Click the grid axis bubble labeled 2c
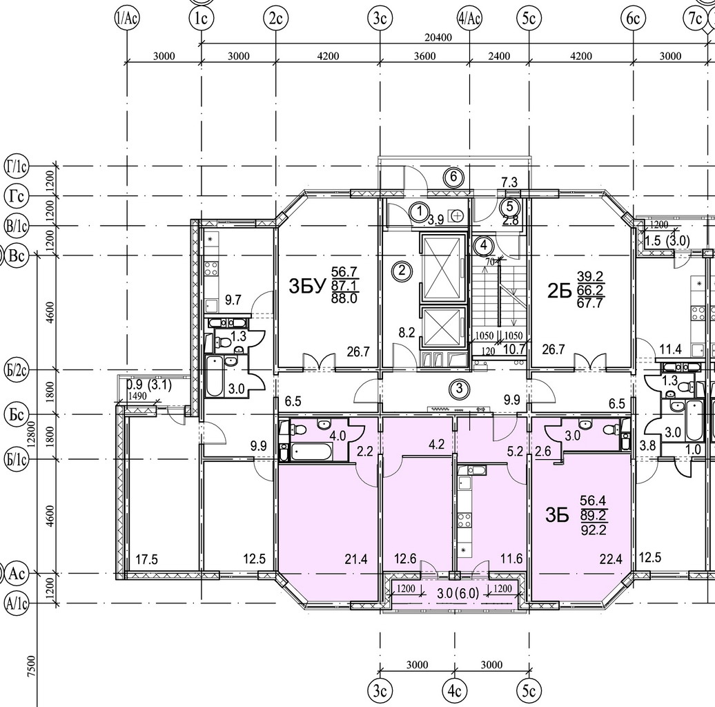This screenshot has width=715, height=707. click(275, 19)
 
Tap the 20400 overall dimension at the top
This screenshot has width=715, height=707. click(438, 37)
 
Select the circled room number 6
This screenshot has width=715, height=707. click(453, 177)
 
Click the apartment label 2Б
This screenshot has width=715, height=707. click(560, 291)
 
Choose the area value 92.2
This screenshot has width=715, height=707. click(593, 530)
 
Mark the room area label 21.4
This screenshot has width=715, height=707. click(356, 559)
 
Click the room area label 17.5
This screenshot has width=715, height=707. click(147, 559)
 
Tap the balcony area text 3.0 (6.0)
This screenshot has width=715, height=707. click(458, 593)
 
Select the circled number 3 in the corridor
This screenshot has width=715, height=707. click(459, 389)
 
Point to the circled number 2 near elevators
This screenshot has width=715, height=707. click(402, 271)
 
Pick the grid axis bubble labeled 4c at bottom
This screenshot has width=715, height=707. click(454, 691)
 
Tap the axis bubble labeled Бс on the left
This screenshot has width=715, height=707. click(17, 415)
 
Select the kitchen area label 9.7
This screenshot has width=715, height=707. click(233, 300)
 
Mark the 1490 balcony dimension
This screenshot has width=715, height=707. click(137, 396)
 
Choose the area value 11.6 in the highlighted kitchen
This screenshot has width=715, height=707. click(511, 559)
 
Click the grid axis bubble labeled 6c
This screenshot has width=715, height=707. click(634, 19)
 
